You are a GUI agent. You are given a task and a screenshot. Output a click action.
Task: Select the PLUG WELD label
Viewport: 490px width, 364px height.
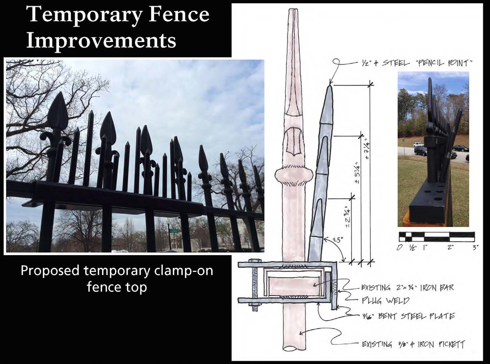385,301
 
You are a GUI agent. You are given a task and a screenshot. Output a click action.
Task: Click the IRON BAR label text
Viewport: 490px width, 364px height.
437,288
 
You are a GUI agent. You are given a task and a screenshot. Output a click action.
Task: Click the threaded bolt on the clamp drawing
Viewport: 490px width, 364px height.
253,285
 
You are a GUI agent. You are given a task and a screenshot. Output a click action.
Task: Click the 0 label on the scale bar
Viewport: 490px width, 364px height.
399,247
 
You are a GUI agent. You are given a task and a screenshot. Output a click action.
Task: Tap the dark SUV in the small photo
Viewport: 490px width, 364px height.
419,151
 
